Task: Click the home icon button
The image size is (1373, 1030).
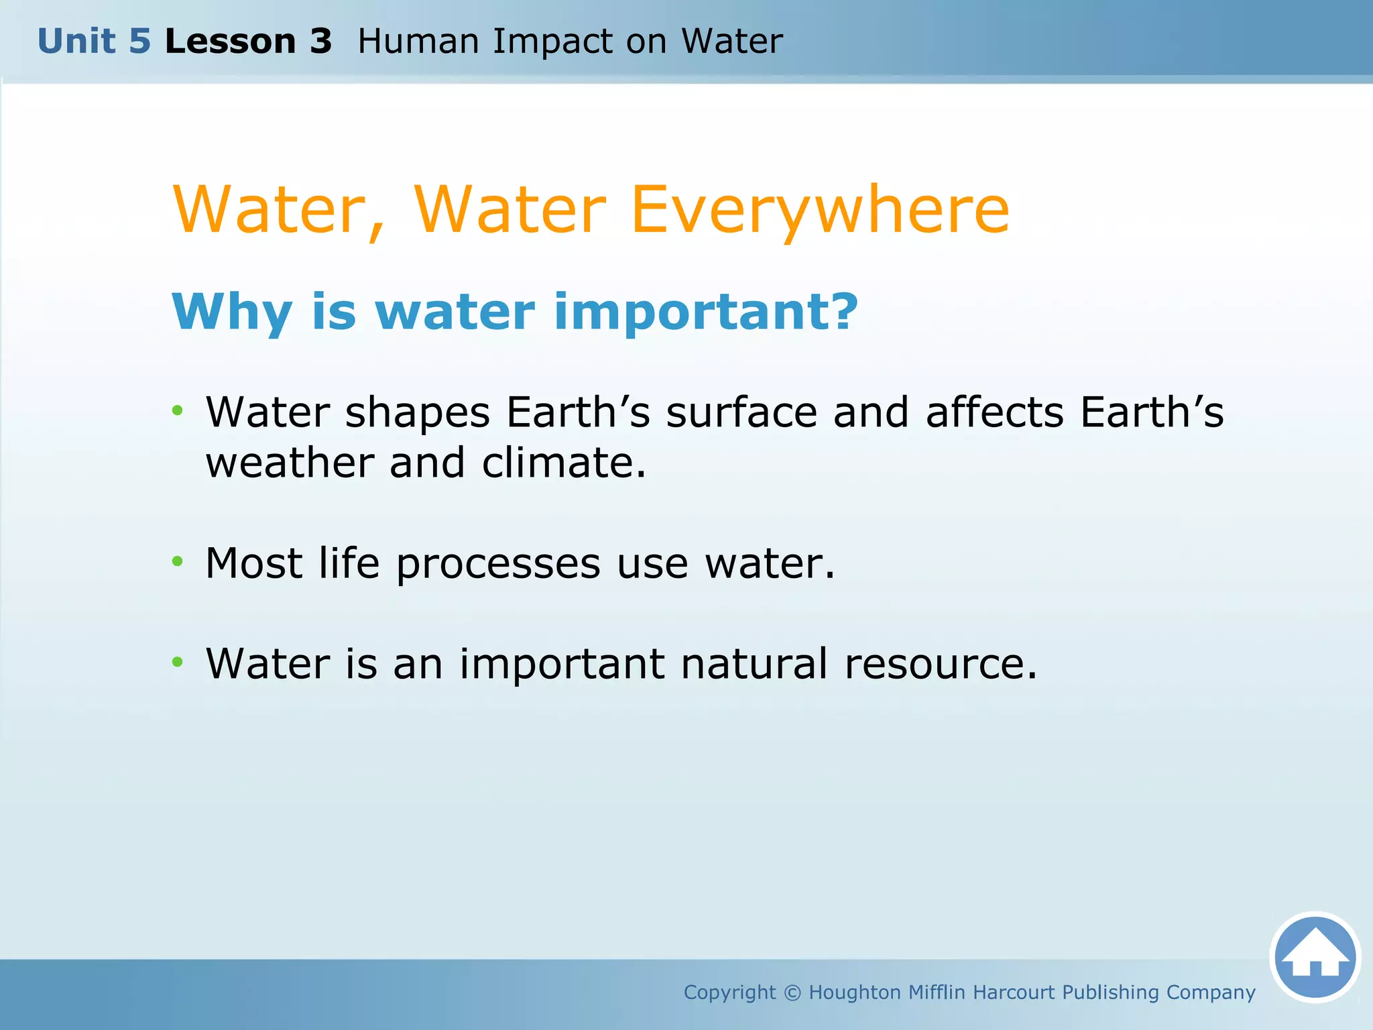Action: [x=1315, y=957]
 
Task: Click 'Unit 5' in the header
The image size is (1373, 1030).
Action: [x=94, y=42]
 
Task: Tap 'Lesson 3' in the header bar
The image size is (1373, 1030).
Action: [x=248, y=42]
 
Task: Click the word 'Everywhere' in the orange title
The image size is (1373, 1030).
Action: [x=819, y=211]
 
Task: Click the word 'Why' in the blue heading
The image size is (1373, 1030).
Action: [x=231, y=313]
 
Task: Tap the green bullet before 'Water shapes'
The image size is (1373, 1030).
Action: [x=177, y=410]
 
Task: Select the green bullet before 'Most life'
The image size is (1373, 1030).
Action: [x=177, y=561]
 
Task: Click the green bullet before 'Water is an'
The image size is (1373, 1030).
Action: [x=177, y=663]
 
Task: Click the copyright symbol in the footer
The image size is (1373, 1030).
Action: [x=792, y=992]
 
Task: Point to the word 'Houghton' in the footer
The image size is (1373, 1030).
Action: [x=855, y=992]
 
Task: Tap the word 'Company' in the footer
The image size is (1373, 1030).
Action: [x=1211, y=993]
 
